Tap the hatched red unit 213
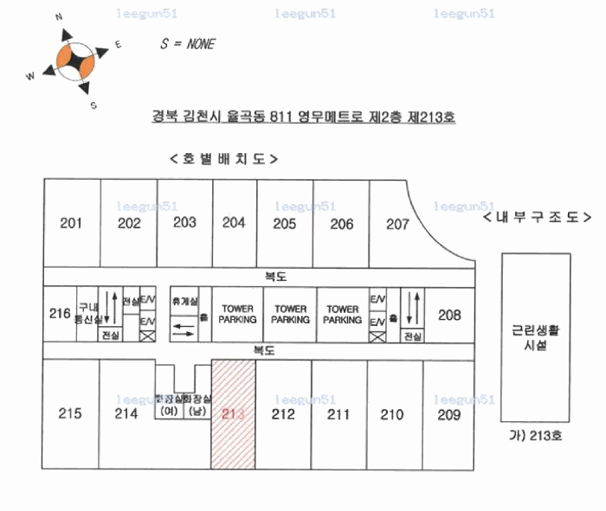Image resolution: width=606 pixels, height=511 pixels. pos(234,414)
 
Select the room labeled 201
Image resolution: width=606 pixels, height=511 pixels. pos(71,223)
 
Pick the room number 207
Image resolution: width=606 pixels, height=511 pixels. pos(397,224)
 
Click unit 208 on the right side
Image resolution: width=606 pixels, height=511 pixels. pos(449,315)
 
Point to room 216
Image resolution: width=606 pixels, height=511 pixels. pos(59,313)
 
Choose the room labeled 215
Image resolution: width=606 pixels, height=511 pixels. pos(70,413)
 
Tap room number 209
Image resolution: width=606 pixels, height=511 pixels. pos(448,415)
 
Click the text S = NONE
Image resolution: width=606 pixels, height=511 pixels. pos(188,44)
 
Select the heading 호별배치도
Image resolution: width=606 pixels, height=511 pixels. pos(223,159)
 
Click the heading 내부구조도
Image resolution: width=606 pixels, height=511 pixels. pos(538,217)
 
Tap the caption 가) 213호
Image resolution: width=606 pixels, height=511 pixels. pos(537,436)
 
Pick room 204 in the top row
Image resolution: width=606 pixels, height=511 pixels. pos(234,222)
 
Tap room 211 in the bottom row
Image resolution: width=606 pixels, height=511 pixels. pos(338,415)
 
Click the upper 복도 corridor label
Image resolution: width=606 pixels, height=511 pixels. pos(275,277)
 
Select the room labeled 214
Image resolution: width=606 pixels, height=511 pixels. pos(126,413)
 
